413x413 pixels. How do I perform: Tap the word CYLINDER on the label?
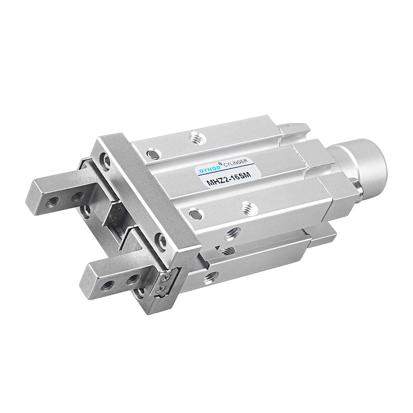[235, 163]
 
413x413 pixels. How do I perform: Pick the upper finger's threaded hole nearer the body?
[78, 195]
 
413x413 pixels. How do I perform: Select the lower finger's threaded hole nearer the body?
[132, 279]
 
